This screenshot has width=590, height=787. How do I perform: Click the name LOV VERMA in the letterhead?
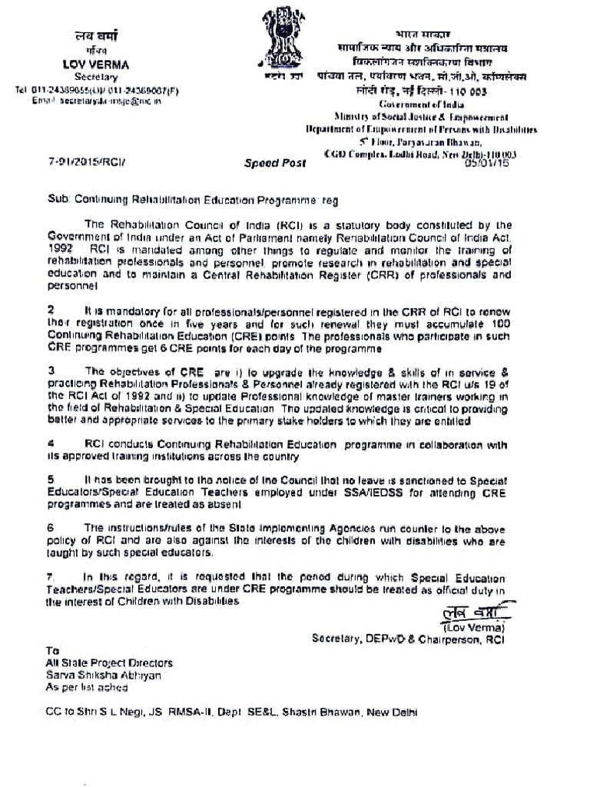click(96, 65)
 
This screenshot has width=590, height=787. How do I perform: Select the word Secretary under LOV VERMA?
click(96, 77)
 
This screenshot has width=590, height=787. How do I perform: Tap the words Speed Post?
click(274, 163)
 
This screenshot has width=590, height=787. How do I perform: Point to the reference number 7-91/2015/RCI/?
click(85, 163)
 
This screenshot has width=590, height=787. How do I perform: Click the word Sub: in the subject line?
click(58, 198)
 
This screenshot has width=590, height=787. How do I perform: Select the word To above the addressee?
click(51, 650)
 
